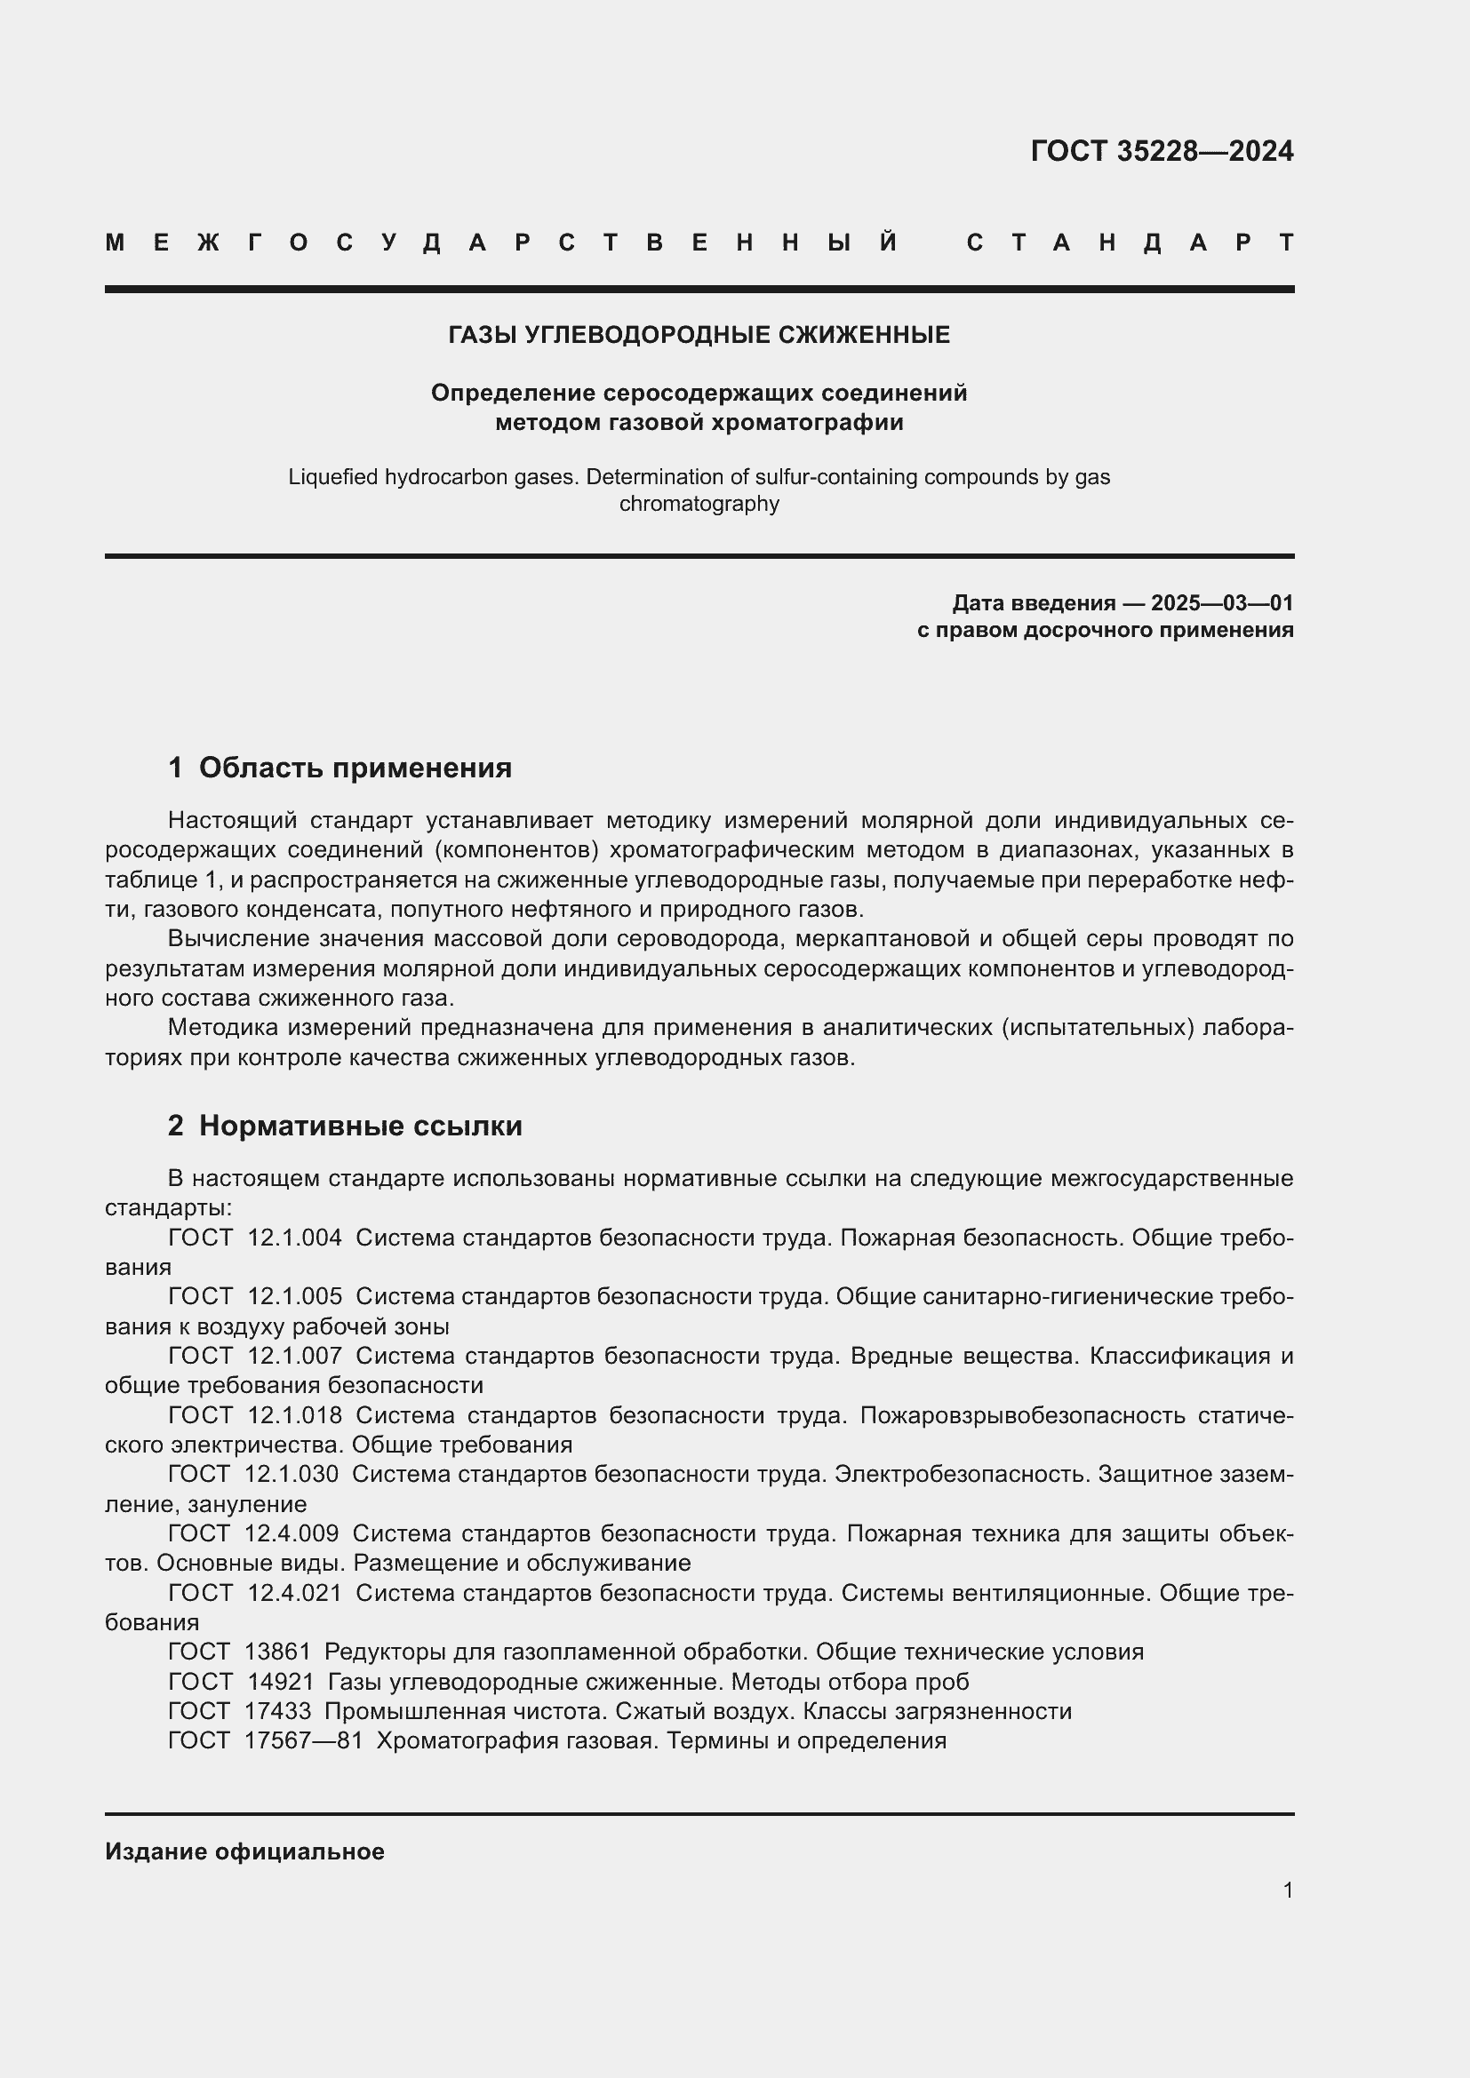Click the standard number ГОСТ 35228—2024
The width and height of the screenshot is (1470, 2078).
(x=1162, y=151)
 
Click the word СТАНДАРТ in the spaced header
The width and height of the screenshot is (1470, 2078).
(x=1130, y=243)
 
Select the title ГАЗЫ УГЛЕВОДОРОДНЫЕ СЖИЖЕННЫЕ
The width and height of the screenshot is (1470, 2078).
(x=699, y=336)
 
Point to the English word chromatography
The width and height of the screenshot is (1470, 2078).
(x=699, y=504)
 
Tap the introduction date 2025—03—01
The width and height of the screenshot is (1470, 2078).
(x=1221, y=602)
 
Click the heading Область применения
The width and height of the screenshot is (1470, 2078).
(x=355, y=768)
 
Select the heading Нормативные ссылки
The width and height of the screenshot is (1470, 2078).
(x=360, y=1126)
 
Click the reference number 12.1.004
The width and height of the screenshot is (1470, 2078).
(x=294, y=1238)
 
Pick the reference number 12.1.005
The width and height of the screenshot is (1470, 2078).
(x=294, y=1297)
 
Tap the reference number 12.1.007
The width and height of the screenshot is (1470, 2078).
(x=294, y=1356)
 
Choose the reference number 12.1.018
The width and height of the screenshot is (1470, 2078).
(x=294, y=1414)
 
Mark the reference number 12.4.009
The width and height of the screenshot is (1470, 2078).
(x=292, y=1533)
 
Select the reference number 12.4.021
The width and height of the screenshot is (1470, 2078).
(x=294, y=1592)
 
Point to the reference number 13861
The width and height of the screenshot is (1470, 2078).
(x=277, y=1652)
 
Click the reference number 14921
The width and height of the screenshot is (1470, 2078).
(x=281, y=1682)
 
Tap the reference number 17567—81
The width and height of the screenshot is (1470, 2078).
(x=303, y=1740)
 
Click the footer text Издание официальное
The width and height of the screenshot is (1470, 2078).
(x=244, y=1851)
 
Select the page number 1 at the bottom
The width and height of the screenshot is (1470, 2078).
(x=1287, y=1890)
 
